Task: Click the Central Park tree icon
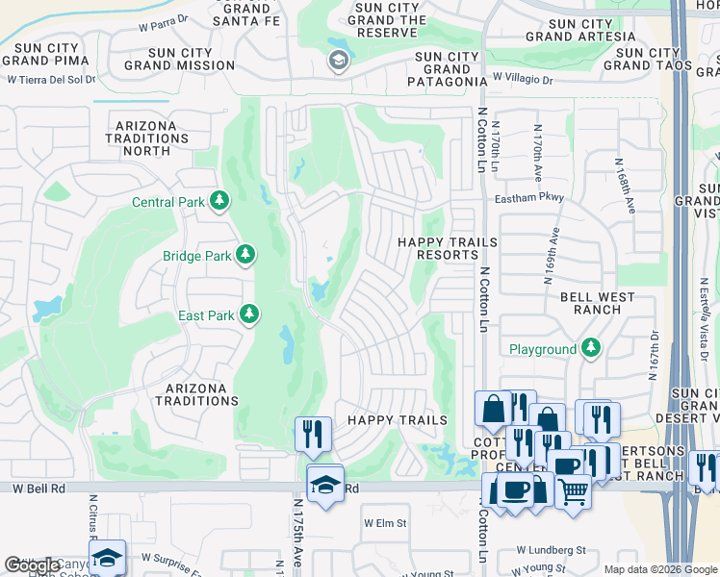(x=220, y=201)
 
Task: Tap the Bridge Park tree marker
(x=246, y=255)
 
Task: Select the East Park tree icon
(x=249, y=314)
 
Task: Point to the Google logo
(x=32, y=565)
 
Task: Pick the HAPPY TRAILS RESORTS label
(x=448, y=248)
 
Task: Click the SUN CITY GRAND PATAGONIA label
(x=448, y=69)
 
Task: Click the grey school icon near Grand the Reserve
(x=338, y=61)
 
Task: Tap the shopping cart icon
(x=574, y=491)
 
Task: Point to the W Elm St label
(x=385, y=523)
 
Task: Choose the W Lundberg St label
(x=551, y=550)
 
